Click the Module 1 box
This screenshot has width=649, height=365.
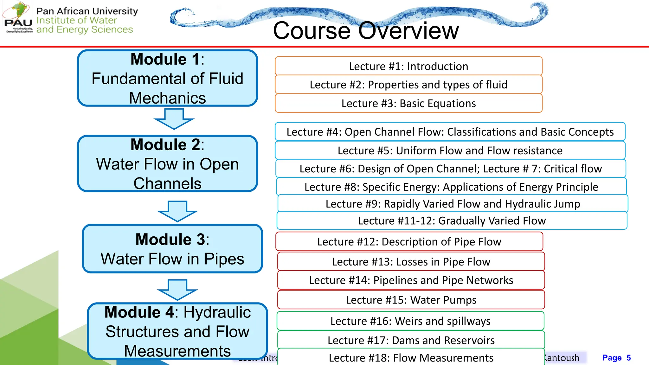pos(167,78)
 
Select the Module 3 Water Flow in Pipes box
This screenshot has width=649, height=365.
pos(172,249)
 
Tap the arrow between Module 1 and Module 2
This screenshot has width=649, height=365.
pos(174,119)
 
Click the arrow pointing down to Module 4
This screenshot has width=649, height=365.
pos(177,290)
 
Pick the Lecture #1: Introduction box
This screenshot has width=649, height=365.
pos(408,66)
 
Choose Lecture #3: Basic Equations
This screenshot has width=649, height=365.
pos(408,103)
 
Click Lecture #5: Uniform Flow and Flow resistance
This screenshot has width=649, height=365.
pos(450,150)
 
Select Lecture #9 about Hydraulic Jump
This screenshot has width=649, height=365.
pos(453,204)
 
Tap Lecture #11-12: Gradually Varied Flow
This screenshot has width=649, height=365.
pos(452,221)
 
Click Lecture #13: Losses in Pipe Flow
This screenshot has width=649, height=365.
pos(411,262)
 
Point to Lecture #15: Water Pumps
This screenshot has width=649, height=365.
pos(411,300)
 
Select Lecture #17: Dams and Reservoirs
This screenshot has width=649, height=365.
pos(411,340)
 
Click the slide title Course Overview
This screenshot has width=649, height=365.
pos(366,30)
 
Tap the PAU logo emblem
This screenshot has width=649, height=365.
pos(18,17)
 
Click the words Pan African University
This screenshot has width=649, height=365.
pos(87,11)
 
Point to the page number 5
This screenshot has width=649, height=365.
pos(628,358)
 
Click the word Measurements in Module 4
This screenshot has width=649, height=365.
pos(177,351)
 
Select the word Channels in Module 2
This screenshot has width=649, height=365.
pos(167,183)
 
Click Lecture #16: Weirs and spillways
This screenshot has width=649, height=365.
pos(410,321)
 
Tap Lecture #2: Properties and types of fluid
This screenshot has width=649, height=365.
pos(408,85)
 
